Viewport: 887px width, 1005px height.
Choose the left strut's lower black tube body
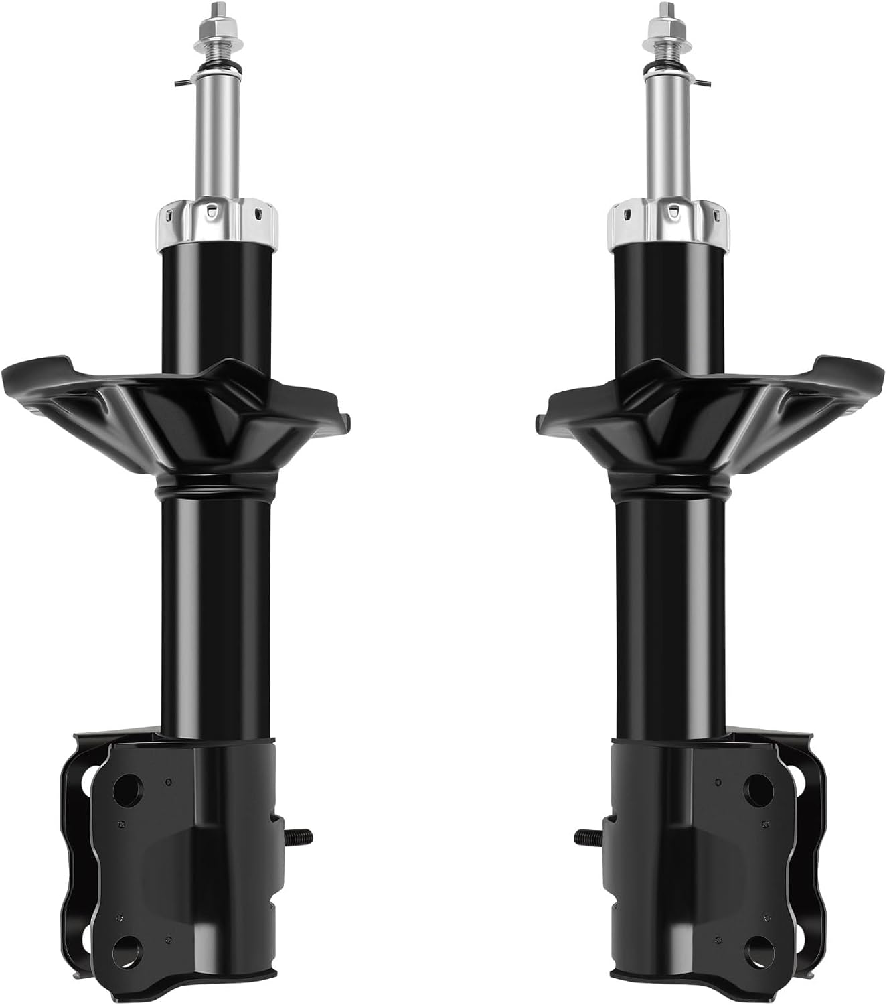click(x=216, y=603)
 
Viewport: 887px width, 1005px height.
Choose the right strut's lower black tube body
click(x=669, y=603)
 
